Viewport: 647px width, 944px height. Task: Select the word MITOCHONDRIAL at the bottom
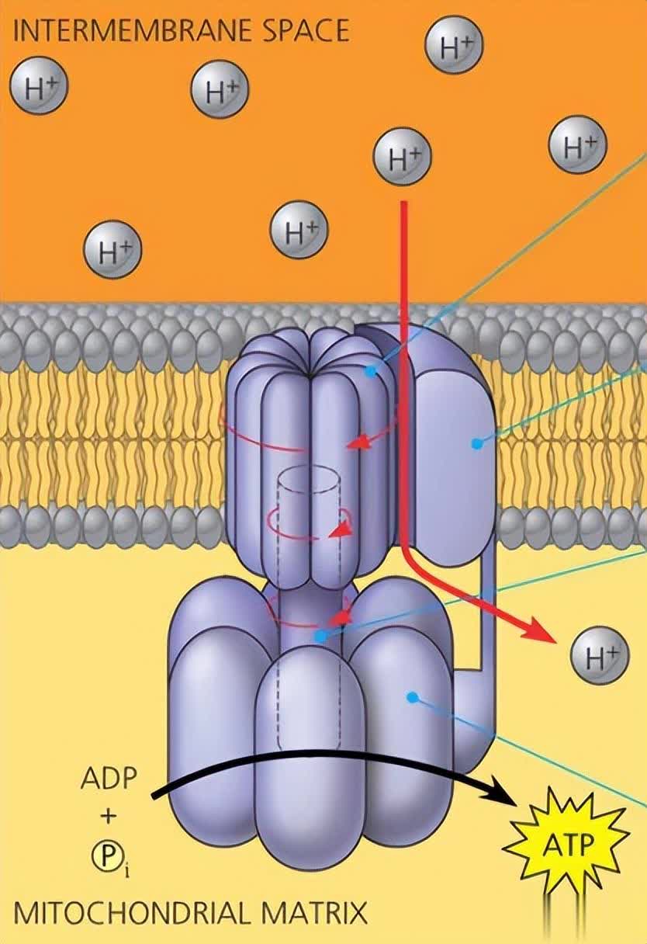[128, 911]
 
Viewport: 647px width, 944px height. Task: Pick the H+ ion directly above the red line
[403, 156]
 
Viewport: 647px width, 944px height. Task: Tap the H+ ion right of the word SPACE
[454, 47]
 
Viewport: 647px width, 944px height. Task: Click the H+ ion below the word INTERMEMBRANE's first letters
[39, 88]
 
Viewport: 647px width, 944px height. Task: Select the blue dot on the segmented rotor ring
[370, 371]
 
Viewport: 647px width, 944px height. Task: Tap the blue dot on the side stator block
[476, 443]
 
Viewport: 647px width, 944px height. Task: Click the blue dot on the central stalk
[320, 636]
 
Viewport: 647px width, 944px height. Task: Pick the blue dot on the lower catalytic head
[413, 696]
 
